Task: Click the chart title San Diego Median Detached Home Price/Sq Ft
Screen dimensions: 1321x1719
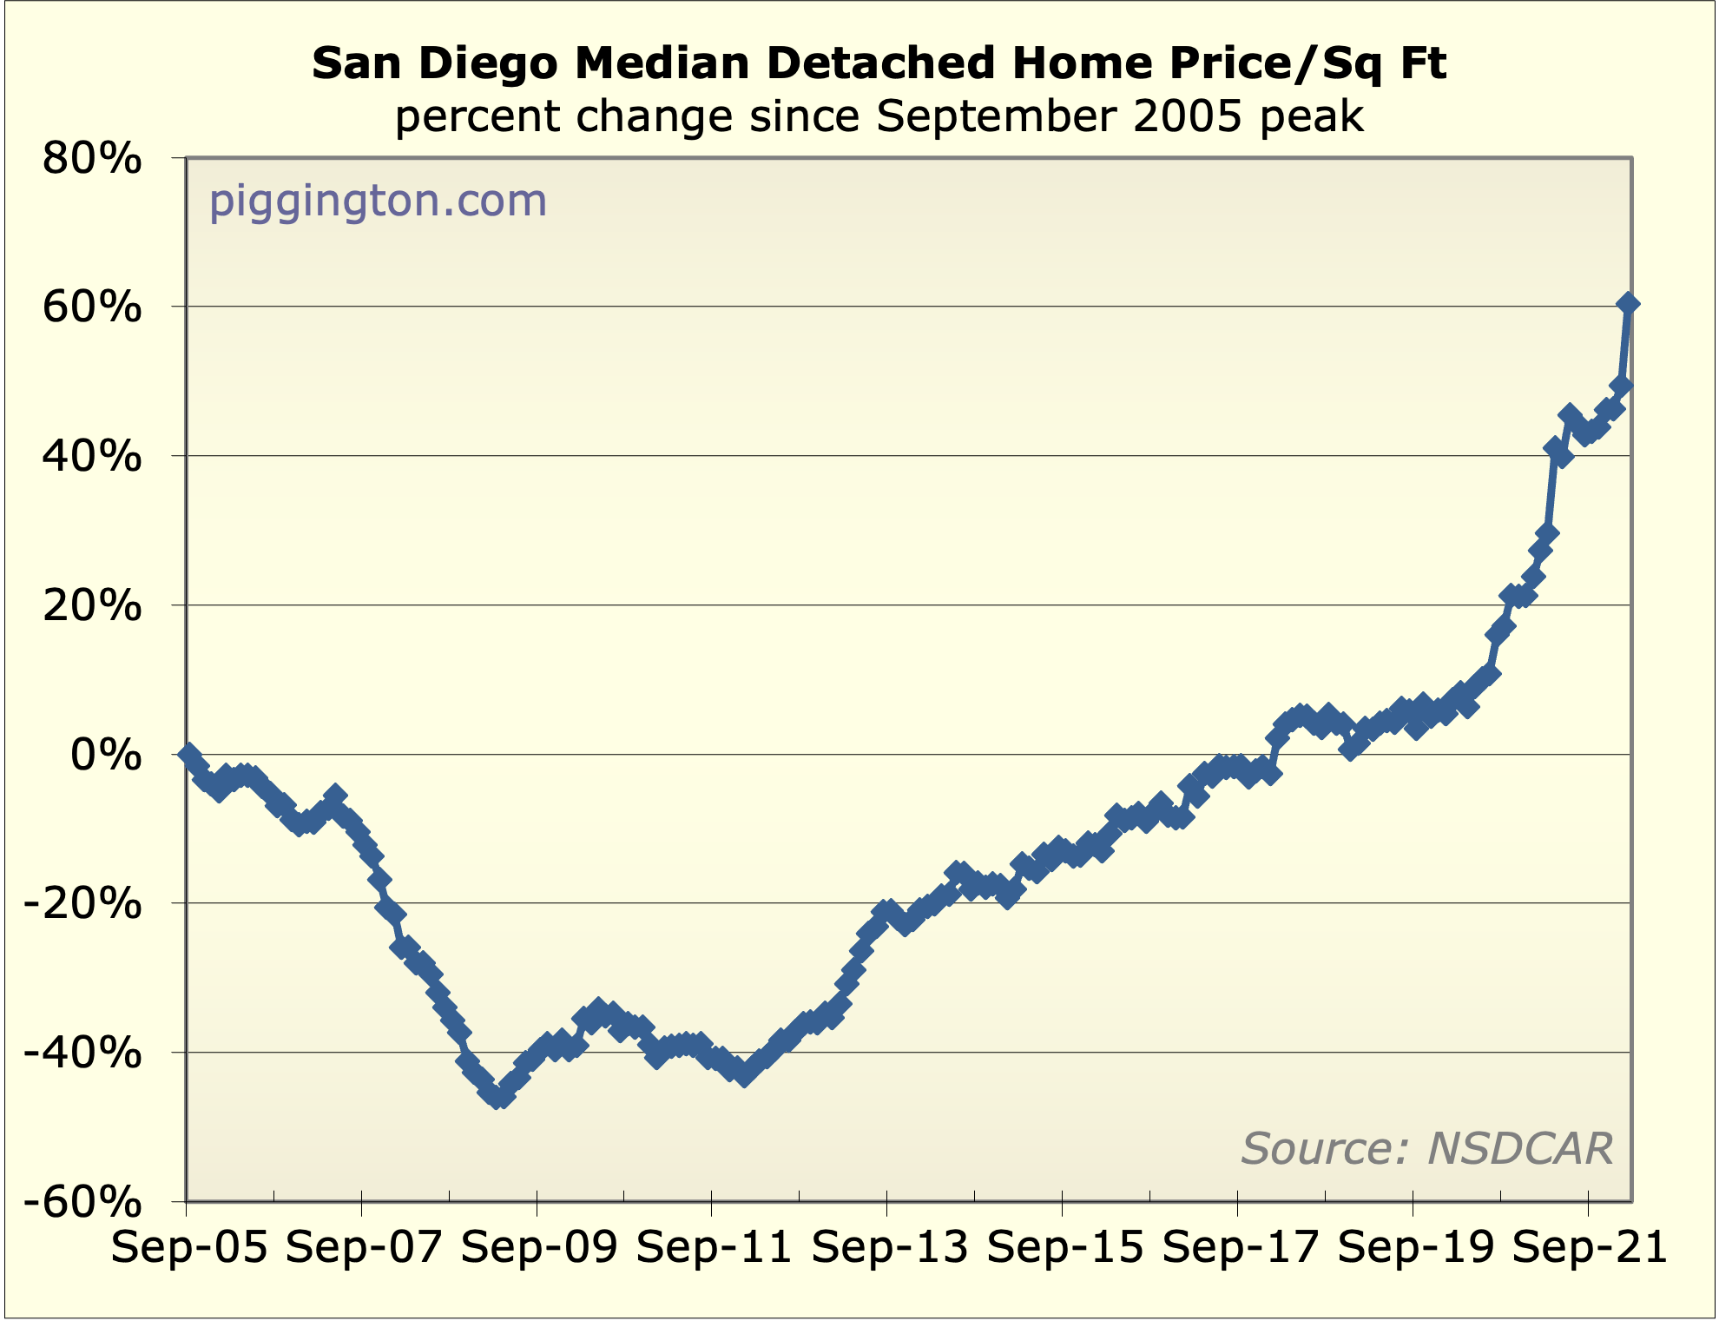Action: pos(879,63)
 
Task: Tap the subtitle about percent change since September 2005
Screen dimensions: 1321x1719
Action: pos(879,116)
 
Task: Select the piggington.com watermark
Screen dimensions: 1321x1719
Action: pos(378,201)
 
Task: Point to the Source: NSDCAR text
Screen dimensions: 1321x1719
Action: pos(1426,1148)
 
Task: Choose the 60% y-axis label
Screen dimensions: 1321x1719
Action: pos(91,307)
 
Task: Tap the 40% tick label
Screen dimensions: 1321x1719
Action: pos(91,457)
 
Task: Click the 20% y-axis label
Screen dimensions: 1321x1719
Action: pos(91,606)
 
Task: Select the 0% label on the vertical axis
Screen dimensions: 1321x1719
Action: pos(105,755)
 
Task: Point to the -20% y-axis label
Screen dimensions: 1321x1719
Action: pos(82,904)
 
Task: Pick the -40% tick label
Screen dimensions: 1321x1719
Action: pos(82,1053)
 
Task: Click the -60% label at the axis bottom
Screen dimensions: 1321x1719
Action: pos(82,1203)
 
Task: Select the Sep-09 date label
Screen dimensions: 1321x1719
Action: pos(539,1249)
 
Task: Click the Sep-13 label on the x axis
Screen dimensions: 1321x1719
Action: pos(890,1249)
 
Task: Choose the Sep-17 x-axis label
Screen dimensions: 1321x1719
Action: pos(1241,1249)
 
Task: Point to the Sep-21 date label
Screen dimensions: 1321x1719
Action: pos(1591,1249)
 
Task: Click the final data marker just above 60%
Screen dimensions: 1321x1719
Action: pos(1628,304)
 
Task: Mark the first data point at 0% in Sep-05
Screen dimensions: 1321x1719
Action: pos(189,754)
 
